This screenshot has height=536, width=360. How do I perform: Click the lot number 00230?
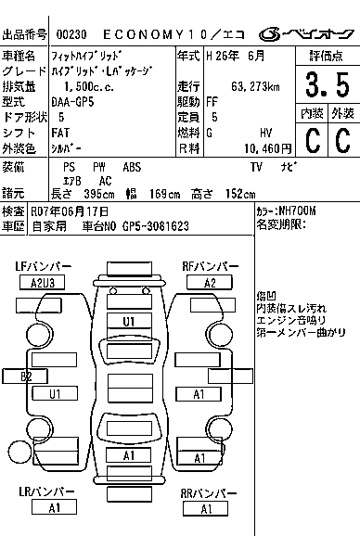pyautogui.click(x=71, y=34)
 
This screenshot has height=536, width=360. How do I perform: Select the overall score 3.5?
pyautogui.click(x=328, y=84)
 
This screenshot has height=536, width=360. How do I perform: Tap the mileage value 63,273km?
pyautogui.click(x=255, y=86)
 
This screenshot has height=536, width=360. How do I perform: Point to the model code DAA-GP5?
pyautogui.click(x=72, y=102)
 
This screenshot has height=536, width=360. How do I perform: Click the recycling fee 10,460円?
pyautogui.click(x=268, y=148)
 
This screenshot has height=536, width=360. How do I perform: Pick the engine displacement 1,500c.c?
pyautogui.click(x=89, y=86)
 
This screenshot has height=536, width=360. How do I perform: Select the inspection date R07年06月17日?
pyautogui.click(x=70, y=211)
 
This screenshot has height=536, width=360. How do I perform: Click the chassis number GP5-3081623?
pyautogui.click(x=156, y=226)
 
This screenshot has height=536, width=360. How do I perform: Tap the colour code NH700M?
pyautogui.click(x=298, y=211)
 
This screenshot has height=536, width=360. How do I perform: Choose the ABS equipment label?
pyautogui.click(x=132, y=167)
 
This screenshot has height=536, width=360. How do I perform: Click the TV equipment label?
pyautogui.click(x=256, y=167)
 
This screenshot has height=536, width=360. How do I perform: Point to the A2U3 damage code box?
pyautogui.click(x=42, y=283)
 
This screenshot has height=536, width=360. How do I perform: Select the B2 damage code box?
pyautogui.click(x=25, y=376)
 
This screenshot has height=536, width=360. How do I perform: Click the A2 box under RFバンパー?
pyautogui.click(x=210, y=283)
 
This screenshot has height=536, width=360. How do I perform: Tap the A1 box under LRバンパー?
pyautogui.click(x=54, y=507)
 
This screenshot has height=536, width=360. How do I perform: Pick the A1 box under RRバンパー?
pyautogui.click(x=205, y=509)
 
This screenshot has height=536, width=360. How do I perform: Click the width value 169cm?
pyautogui.click(x=164, y=194)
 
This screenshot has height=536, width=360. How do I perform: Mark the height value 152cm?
pyautogui.click(x=240, y=194)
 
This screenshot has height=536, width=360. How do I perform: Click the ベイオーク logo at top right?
pyautogui.click(x=306, y=34)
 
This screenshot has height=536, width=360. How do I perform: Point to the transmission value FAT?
pyautogui.click(x=60, y=133)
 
